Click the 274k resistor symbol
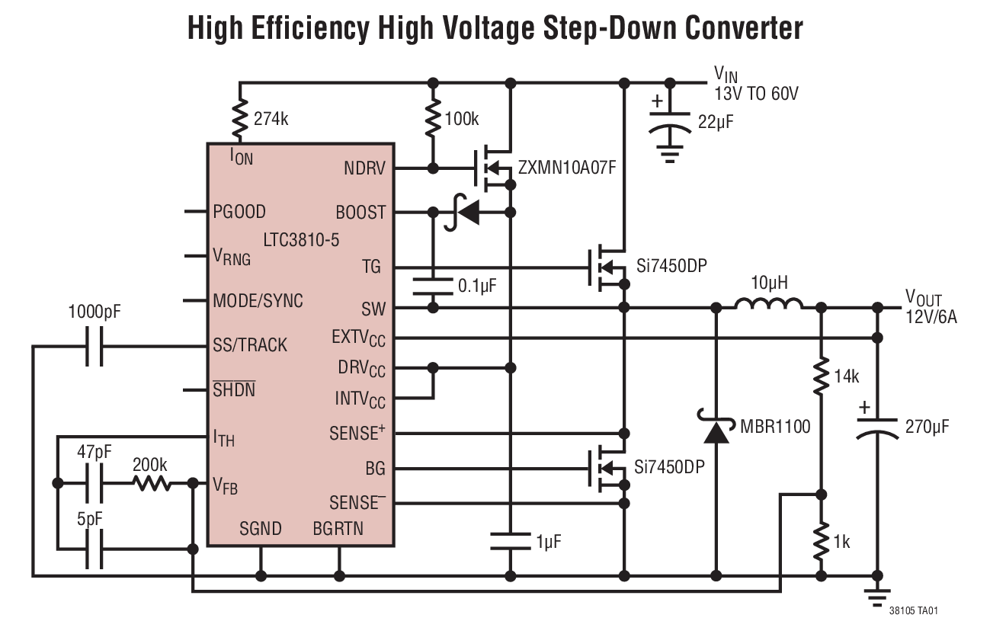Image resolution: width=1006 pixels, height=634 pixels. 241,118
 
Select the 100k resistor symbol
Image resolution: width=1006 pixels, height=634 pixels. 433,118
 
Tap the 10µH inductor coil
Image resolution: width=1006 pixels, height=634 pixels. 768,306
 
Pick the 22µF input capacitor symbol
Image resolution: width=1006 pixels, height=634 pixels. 670,122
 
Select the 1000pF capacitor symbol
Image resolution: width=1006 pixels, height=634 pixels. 94,346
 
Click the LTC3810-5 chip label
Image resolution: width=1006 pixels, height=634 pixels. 301,240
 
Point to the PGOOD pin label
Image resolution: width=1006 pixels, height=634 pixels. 239,212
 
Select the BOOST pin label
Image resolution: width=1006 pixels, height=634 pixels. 360,213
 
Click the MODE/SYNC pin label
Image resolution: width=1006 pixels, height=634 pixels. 258,301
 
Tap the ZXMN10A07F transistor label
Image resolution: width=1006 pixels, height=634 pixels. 566,168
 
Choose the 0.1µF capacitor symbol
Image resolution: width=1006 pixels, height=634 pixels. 433,287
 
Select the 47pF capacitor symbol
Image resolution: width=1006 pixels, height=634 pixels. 94,483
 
